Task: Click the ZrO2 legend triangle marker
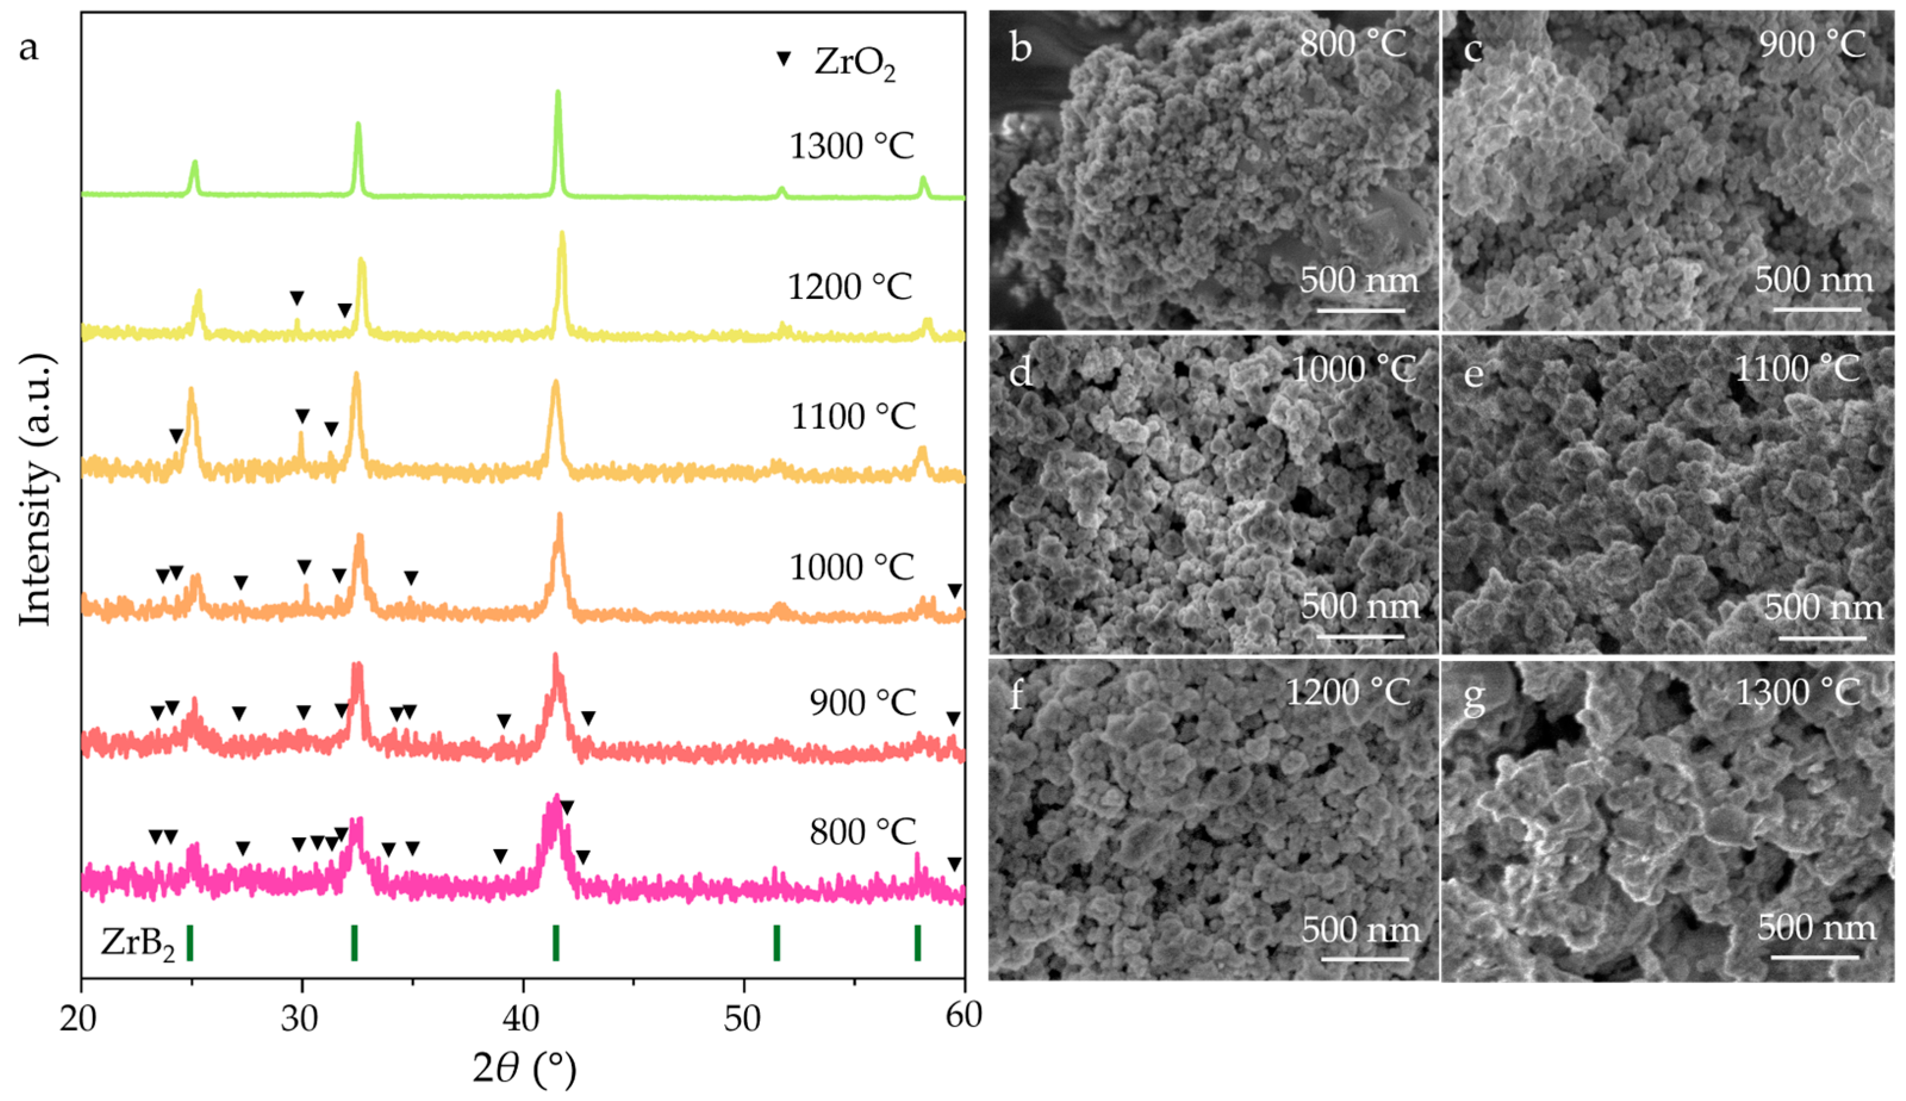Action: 784,58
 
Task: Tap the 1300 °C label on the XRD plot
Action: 851,146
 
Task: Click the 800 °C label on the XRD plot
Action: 862,832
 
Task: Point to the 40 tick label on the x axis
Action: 522,1019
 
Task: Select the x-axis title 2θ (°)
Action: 523,1068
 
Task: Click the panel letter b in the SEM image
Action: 1021,47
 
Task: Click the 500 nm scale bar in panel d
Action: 1360,635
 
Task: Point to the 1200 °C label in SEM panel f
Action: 1348,693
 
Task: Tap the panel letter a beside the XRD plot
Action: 29,48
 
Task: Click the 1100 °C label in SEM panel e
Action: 1797,370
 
